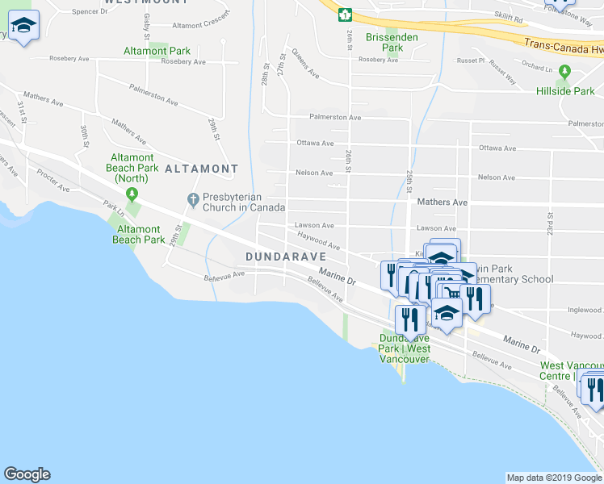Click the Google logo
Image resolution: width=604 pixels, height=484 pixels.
point(27,474)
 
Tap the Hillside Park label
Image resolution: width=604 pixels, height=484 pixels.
point(565,91)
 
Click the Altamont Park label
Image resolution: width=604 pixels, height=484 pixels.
point(157,51)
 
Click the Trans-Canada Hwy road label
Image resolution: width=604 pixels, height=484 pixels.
point(562,48)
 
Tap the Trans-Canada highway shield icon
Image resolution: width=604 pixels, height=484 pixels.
point(345,14)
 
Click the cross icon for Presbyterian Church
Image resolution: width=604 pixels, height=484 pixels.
point(193,199)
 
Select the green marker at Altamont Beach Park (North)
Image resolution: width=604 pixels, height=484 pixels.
point(131,194)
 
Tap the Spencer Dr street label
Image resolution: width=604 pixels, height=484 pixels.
point(90,11)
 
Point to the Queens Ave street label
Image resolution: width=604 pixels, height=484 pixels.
point(305,65)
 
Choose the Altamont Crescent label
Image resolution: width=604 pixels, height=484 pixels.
point(201,25)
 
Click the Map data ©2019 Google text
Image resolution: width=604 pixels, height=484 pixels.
point(553,478)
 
